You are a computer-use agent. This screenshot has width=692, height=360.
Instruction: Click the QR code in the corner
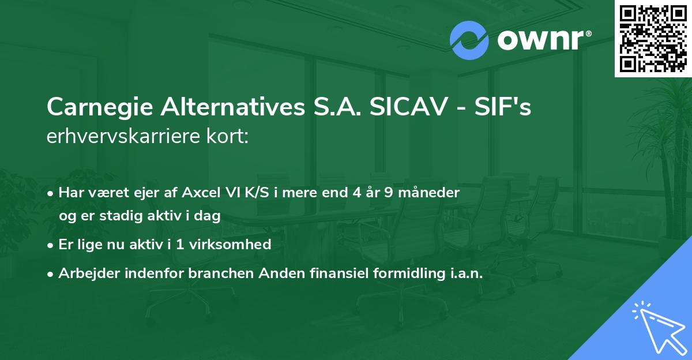(653, 39)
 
